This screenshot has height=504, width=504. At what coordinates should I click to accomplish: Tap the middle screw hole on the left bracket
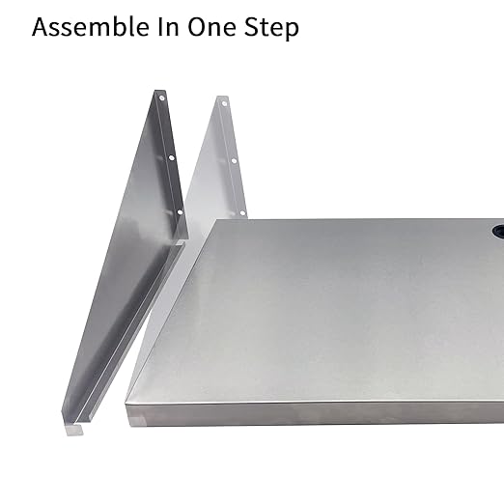coord(170,157)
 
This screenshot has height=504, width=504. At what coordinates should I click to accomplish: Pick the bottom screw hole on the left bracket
coord(178,214)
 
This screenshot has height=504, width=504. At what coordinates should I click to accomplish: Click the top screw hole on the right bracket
coord(223,101)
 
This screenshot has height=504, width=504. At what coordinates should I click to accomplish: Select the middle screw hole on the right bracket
coord(233,157)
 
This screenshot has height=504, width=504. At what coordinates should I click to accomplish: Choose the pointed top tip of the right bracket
coord(219,97)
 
